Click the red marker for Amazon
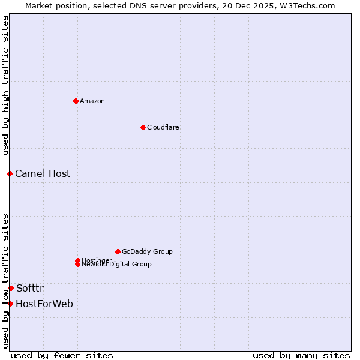(76, 101)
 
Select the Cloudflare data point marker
(143, 127)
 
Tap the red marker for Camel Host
(10, 173)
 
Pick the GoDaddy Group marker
(118, 251)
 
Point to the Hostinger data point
(77, 260)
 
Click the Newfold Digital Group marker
(77, 264)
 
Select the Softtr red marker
(11, 288)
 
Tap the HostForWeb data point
(10, 304)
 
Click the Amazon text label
(92, 101)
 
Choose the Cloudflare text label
(163, 127)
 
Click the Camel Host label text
(43, 174)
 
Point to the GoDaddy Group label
(147, 251)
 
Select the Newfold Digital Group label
(116, 265)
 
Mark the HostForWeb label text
(44, 304)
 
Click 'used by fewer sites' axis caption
(62, 356)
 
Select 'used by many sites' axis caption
(301, 356)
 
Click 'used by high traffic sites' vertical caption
(5, 85)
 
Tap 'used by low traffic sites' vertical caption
(5, 281)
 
